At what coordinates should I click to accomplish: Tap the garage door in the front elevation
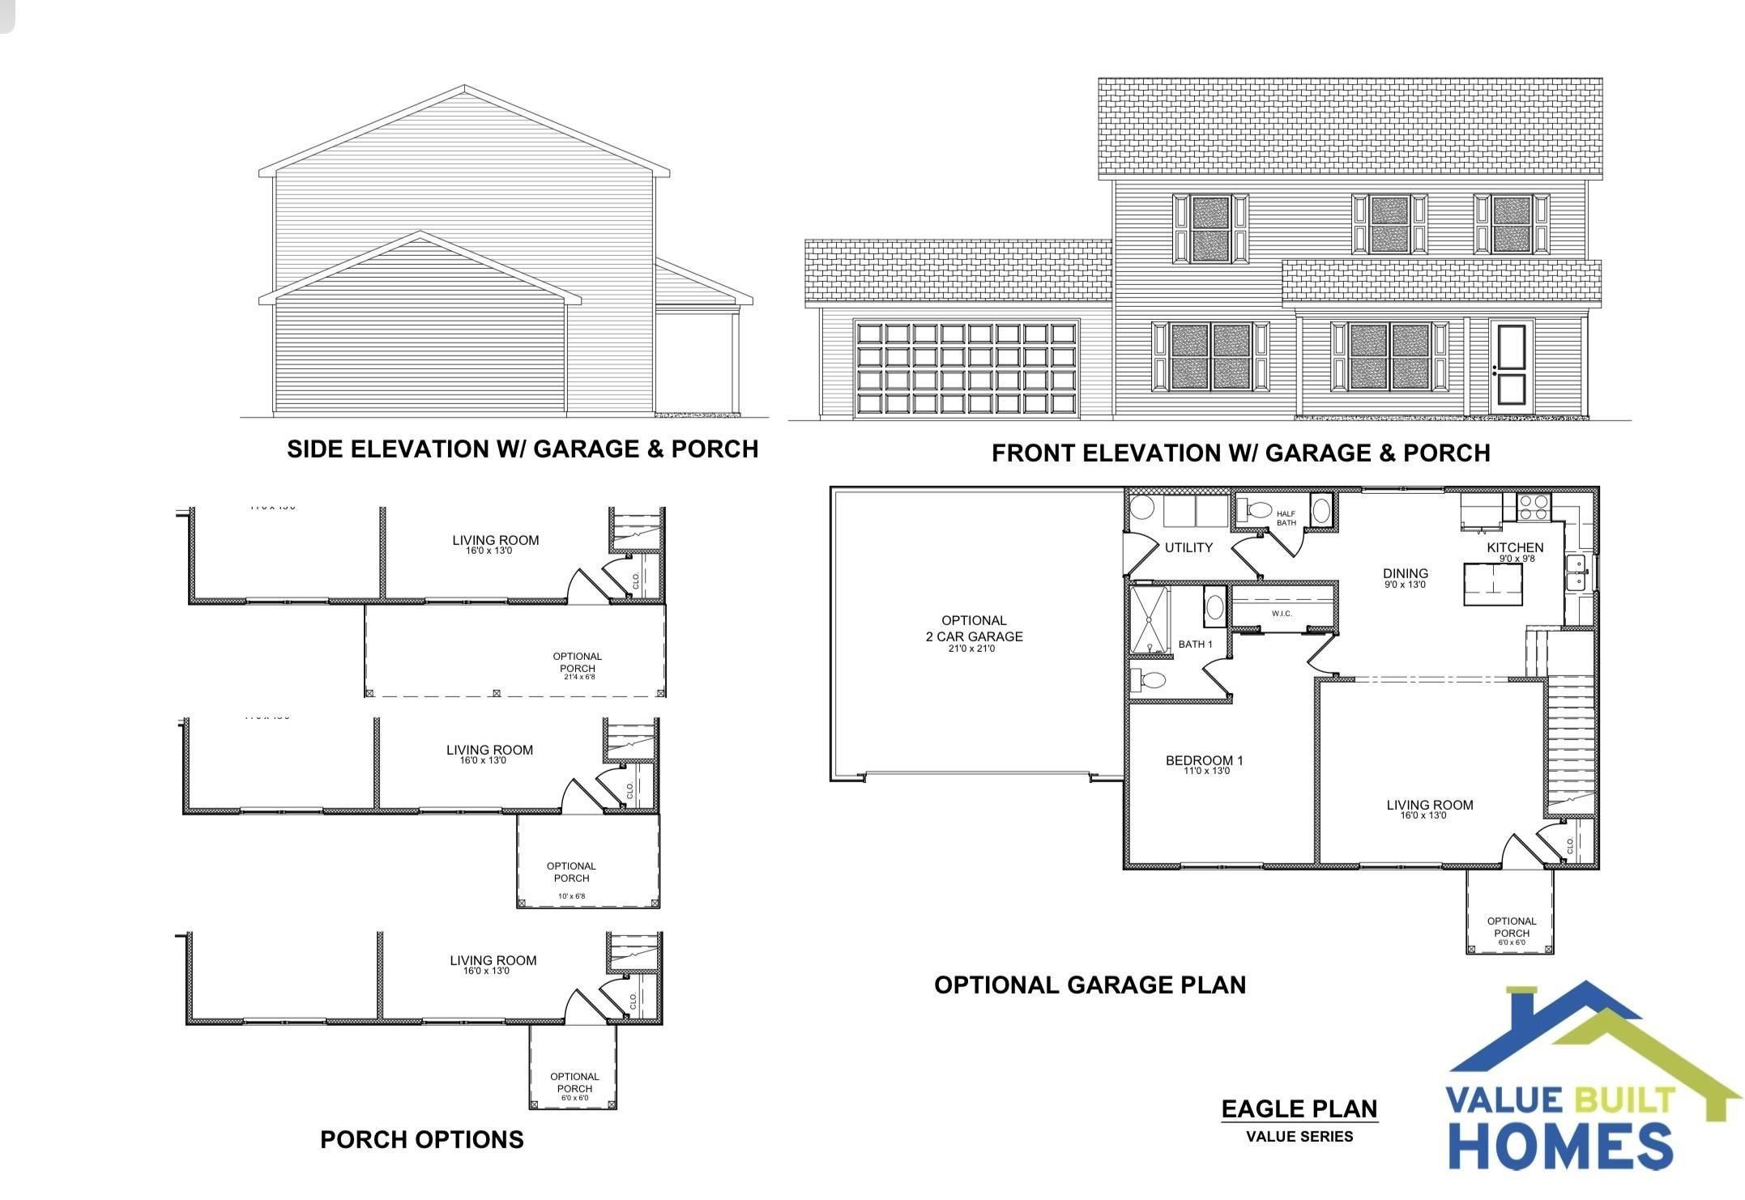[x=966, y=368]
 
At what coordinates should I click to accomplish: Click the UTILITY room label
[x=1188, y=547]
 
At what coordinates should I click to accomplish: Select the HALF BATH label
[x=1286, y=518]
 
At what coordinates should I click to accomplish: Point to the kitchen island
[x=1492, y=584]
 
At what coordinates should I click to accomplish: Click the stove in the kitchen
[x=1534, y=507]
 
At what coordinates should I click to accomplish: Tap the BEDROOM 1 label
[x=1204, y=760]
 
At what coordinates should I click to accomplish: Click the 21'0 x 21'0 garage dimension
[x=972, y=649]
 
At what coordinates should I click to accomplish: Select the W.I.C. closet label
[x=1282, y=613]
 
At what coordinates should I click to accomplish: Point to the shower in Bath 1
[x=1150, y=619]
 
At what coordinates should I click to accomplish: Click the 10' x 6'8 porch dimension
[x=571, y=896]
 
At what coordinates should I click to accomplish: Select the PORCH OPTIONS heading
[x=422, y=1139]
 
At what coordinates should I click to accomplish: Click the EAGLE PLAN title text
[x=1299, y=1109]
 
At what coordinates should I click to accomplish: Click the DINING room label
[x=1406, y=573]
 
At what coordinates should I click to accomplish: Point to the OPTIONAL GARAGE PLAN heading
[x=1090, y=985]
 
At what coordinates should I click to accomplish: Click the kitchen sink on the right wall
[x=1576, y=572]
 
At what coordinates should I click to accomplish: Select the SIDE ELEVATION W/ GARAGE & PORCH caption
[x=523, y=449]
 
